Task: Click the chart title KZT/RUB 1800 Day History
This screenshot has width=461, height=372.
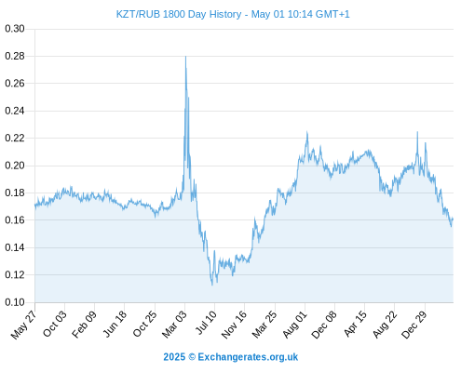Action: (179, 14)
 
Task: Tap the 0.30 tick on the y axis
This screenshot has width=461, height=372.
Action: (15, 29)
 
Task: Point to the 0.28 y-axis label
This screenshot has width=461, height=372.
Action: (15, 56)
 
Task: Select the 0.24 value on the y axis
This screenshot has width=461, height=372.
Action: (15, 111)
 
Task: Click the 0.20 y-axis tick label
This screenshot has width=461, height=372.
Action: (15, 166)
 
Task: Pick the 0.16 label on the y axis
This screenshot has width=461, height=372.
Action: (15, 220)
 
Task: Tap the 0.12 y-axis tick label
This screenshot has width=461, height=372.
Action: (15, 274)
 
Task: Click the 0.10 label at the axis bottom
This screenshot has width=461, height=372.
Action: (15, 302)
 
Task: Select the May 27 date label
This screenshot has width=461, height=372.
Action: (23, 325)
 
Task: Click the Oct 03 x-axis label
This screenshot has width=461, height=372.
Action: (54, 324)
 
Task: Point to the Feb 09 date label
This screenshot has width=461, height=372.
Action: (84, 325)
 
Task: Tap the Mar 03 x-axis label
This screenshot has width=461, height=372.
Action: (174, 325)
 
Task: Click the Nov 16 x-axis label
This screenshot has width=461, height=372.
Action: (234, 325)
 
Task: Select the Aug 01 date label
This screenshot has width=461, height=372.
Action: (294, 325)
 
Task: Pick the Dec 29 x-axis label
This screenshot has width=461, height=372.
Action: (414, 325)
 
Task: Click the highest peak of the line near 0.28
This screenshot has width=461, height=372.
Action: (185, 57)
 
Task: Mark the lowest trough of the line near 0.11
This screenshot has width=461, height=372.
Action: (212, 285)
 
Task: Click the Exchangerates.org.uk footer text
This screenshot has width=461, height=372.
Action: (248, 357)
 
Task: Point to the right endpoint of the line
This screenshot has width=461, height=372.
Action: (453, 219)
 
